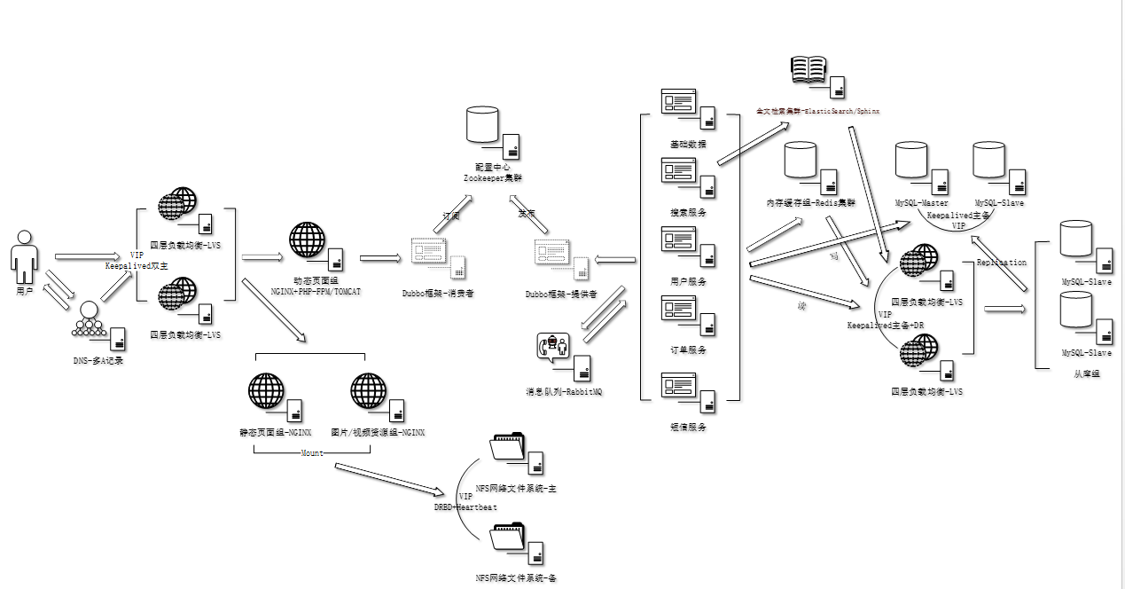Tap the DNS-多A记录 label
pyautogui.click(x=98, y=360)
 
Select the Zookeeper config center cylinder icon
pyautogui.click(x=482, y=124)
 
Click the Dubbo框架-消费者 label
pyautogui.click(x=437, y=294)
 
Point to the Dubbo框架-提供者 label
pyautogui.click(x=560, y=294)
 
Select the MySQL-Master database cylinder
pyautogui.click(x=910, y=159)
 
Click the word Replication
pyautogui.click(x=1001, y=263)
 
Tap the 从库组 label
pyautogui.click(x=1086, y=374)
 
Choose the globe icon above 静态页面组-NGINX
pyautogui.click(x=266, y=390)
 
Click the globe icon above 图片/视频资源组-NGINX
pyautogui.click(x=368, y=390)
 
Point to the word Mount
pyautogui.click(x=311, y=453)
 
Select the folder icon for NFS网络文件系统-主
pyautogui.click(x=508, y=446)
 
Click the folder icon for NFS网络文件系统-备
pyautogui.click(x=508, y=538)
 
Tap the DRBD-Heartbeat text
pyautogui.click(x=465, y=507)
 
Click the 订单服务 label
pyautogui.click(x=688, y=349)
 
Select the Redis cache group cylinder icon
pyautogui.click(x=800, y=159)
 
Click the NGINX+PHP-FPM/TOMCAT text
pyautogui.click(x=316, y=291)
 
